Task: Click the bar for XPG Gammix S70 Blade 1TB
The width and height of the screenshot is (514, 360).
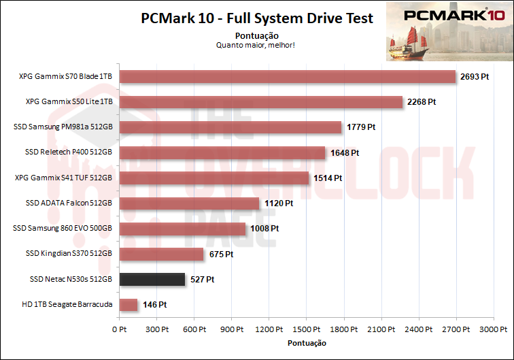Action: (287, 77)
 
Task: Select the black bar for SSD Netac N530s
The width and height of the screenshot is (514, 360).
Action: (152, 279)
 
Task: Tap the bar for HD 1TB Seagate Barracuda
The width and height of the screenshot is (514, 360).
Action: (128, 305)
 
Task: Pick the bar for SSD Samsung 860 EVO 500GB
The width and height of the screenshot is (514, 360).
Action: (182, 229)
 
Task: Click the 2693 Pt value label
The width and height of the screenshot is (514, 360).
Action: (475, 77)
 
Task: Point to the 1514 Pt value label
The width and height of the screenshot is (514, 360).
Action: (328, 178)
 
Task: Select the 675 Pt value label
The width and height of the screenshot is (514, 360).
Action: (221, 255)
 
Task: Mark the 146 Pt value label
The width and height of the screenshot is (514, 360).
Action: (154, 305)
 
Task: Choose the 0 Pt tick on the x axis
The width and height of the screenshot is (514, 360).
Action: (119, 330)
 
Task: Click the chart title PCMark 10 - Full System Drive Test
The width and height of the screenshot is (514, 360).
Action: (257, 18)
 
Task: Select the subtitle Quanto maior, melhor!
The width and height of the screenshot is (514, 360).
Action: (255, 45)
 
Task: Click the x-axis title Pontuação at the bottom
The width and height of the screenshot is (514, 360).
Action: (307, 343)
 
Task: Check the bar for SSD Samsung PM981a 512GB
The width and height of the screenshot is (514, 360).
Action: (230, 127)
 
